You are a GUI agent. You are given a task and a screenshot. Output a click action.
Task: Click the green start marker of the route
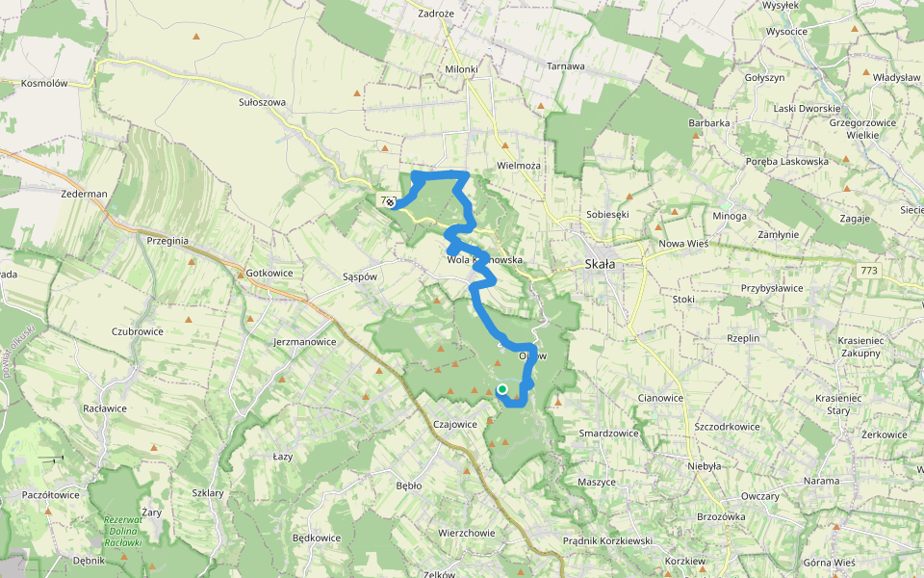point(502,389)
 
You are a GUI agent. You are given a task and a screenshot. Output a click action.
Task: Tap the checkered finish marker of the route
point(391,203)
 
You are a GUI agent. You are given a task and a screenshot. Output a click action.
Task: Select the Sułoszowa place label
point(262,101)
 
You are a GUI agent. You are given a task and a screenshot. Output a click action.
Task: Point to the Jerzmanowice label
point(304,341)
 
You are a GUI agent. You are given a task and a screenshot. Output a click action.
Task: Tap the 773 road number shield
point(869,271)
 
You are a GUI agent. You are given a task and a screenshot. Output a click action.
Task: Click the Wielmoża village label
point(519,166)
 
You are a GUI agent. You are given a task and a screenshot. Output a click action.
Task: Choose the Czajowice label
point(456,424)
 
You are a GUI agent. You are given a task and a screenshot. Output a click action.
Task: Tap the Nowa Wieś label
point(683,244)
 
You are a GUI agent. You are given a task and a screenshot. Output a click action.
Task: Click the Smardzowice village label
point(608,433)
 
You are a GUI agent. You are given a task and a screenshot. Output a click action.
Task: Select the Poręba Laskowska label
point(787,161)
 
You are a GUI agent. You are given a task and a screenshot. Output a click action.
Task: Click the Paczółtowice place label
point(50,494)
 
